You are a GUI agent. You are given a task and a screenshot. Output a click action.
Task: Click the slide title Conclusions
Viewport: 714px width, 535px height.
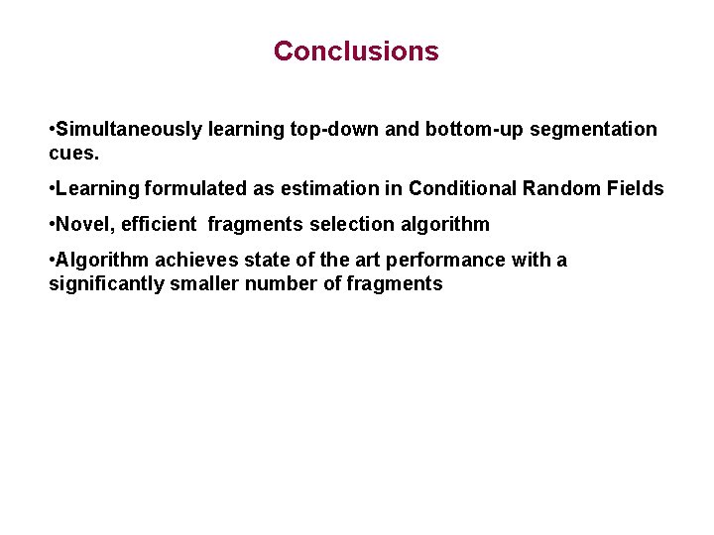pyautogui.click(x=356, y=52)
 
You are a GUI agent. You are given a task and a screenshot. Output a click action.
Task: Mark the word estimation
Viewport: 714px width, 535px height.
pyautogui.click(x=337, y=188)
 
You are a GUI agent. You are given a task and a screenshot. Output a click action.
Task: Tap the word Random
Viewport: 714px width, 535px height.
pyautogui.click(x=567, y=188)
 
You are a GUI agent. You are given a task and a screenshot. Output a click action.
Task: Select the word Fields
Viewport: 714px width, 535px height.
pyautogui.click(x=637, y=188)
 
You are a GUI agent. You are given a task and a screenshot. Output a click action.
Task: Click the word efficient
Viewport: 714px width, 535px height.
pyautogui.click(x=159, y=224)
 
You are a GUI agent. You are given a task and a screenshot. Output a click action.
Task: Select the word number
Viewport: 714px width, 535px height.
pyautogui.click(x=284, y=283)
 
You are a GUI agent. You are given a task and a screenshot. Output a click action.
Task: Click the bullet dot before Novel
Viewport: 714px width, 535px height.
pyautogui.click(x=52, y=224)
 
